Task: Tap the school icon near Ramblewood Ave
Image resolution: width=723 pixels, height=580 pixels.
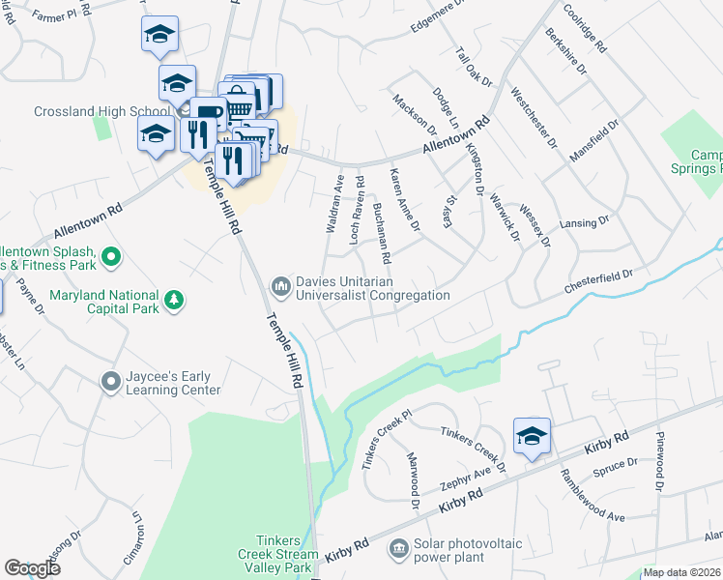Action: point(532,437)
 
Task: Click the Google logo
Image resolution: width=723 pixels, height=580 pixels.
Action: point(32,568)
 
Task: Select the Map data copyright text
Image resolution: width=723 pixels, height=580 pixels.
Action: point(682,572)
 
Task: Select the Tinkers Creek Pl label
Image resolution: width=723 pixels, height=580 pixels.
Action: point(388,438)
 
